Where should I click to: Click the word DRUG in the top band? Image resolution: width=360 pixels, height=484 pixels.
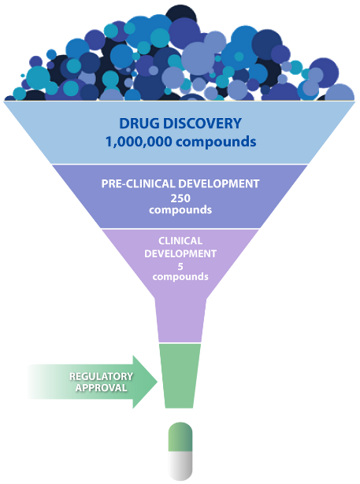[139, 124]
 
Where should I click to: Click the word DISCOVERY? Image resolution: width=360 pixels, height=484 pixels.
[202, 124]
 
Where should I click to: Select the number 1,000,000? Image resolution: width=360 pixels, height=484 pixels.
[139, 142]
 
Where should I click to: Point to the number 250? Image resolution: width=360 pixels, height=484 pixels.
[180, 198]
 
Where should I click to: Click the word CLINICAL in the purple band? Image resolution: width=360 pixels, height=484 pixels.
[180, 241]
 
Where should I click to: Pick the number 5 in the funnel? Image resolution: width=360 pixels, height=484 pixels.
[180, 266]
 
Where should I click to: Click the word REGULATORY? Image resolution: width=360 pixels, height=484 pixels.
[101, 377]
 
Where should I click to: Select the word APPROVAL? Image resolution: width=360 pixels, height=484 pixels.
[102, 388]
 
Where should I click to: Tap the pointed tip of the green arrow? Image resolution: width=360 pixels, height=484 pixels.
[158, 382]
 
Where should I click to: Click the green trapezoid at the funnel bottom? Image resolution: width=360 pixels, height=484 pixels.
[180, 375]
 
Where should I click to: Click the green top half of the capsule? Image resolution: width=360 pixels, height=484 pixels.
[180, 437]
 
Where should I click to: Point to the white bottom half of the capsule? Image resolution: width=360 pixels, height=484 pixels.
[180, 465]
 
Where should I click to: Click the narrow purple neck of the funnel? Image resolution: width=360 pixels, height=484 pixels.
[180, 320]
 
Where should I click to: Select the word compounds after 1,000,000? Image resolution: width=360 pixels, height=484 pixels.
[216, 142]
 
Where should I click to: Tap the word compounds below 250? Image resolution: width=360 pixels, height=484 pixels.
[180, 210]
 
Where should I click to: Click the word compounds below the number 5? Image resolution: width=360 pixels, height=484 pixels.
[180, 277]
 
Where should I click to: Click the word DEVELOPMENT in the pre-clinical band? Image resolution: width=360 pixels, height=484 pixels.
[219, 183]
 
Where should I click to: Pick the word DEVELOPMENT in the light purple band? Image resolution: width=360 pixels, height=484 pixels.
[180, 253]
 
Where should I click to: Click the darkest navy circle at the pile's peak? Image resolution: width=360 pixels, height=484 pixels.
[181, 14]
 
